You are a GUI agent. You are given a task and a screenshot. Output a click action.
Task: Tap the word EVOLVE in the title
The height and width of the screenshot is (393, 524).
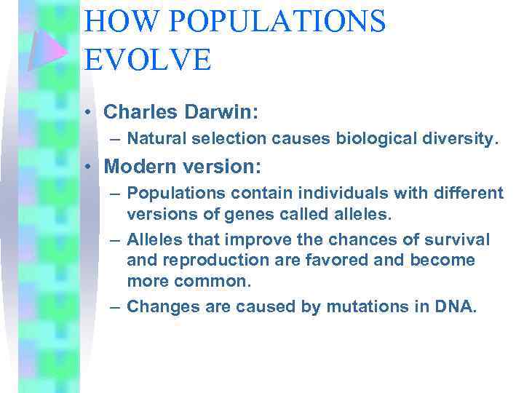(148, 58)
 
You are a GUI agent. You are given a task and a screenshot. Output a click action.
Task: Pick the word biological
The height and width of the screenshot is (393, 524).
(374, 139)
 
